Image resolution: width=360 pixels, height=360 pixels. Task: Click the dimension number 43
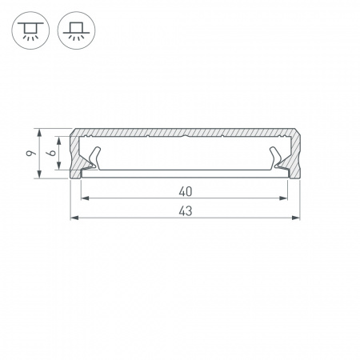tap(185, 211)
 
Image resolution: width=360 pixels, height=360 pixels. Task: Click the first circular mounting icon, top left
tap(29, 30)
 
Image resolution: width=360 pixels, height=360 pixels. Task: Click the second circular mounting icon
tap(74, 30)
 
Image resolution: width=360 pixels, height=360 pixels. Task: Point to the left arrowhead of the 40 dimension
tap(86, 198)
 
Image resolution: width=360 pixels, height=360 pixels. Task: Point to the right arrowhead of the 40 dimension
tap(284, 198)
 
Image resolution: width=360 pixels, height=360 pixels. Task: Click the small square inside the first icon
tap(29, 26)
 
